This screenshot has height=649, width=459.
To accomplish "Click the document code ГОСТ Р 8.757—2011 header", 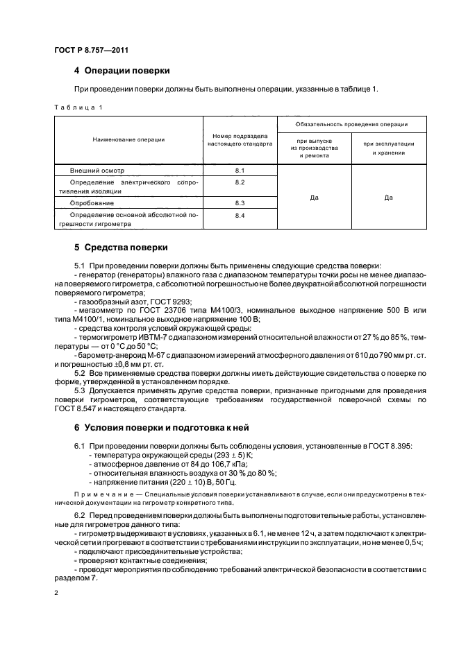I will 90,50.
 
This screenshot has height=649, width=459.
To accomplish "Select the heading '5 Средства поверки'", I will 119,248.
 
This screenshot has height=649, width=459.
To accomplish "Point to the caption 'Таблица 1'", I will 78,107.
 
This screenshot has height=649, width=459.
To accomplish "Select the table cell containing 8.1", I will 240,169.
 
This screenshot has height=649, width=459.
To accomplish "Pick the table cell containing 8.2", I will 240,182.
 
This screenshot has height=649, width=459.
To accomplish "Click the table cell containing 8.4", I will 240,216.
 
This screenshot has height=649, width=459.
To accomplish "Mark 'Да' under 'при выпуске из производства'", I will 314,198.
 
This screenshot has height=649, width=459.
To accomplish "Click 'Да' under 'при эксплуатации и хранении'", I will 388,198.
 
